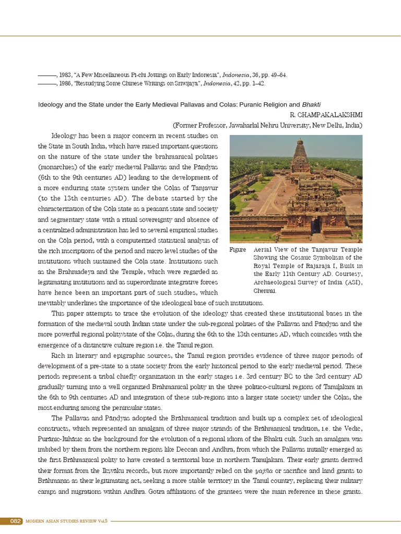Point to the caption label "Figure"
point(238,250)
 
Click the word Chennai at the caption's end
point(266,290)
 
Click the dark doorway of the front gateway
point(316,226)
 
